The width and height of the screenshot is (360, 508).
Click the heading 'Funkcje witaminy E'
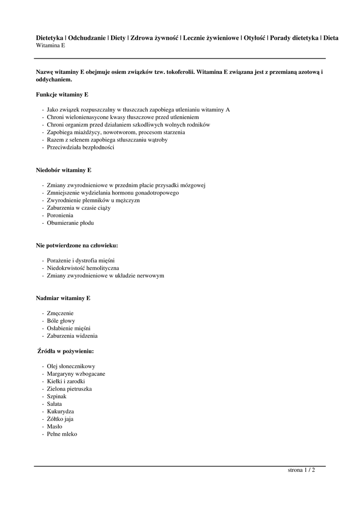click(x=62, y=94)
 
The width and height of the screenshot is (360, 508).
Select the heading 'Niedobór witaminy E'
click(x=64, y=170)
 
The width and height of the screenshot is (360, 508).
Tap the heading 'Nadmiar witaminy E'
click(x=63, y=298)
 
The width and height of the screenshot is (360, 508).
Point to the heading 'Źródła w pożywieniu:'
click(x=66, y=351)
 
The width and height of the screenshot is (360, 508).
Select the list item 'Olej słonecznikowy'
click(x=71, y=366)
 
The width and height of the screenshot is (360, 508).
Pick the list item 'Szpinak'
click(x=57, y=396)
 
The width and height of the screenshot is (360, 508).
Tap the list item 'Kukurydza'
click(x=60, y=411)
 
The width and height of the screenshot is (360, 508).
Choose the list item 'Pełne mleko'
click(x=62, y=434)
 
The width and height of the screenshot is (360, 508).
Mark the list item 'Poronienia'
click(x=60, y=215)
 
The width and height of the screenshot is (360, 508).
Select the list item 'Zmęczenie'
click(x=60, y=313)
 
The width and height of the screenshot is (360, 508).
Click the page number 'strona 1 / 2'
click(x=301, y=470)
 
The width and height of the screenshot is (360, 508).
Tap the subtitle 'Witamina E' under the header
click(x=51, y=45)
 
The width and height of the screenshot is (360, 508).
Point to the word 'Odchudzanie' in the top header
click(x=86, y=38)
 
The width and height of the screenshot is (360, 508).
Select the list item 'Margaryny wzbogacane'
click(x=76, y=374)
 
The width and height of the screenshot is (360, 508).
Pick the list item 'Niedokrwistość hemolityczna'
click(x=83, y=268)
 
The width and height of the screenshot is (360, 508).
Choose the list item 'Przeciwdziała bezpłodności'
click(x=80, y=147)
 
